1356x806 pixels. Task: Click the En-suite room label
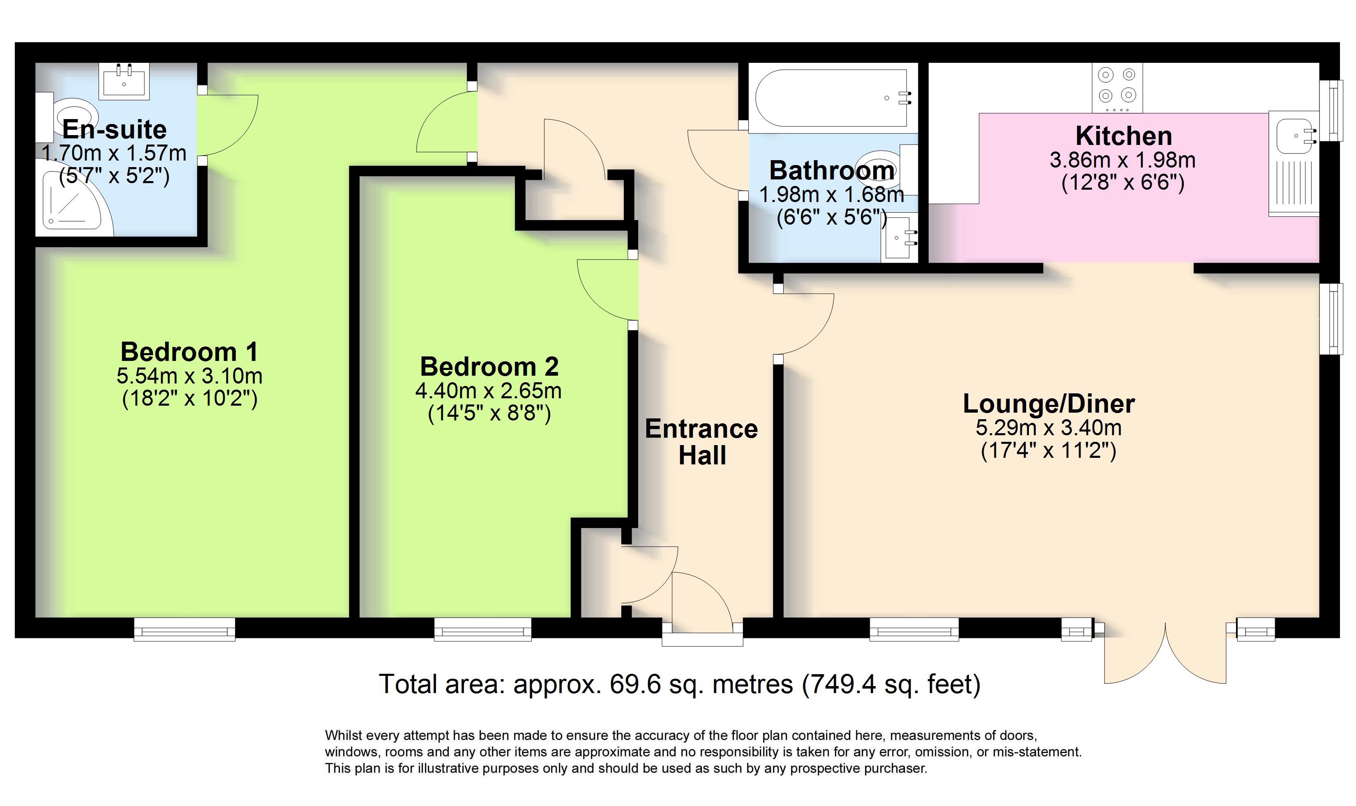114,129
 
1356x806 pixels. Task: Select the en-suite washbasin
124,81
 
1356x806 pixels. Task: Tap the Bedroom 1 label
189,352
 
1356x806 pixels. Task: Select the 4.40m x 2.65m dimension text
488,390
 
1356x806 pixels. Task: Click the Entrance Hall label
701,441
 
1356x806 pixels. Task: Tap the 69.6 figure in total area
635,684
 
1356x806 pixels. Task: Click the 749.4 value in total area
845,684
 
